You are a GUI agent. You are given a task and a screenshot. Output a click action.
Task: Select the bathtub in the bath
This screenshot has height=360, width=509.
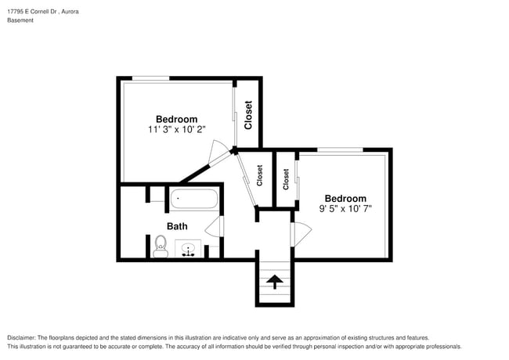coord(194,200)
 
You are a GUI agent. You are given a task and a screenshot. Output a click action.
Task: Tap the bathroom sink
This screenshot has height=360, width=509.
coord(188,250)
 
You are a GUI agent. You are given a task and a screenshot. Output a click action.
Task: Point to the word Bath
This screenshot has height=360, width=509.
coord(178,226)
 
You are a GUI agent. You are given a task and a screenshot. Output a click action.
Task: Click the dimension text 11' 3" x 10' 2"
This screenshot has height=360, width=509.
coord(176,129)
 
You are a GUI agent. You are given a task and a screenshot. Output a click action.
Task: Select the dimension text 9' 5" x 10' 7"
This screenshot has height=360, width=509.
coord(345,209)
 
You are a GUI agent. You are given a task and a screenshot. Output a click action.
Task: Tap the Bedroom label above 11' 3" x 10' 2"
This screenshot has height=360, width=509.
coord(176,119)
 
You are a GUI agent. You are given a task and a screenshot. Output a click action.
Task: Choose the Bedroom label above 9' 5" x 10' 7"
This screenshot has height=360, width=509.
coord(345,199)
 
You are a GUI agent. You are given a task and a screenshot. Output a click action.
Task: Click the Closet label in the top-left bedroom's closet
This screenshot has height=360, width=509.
coord(248,115)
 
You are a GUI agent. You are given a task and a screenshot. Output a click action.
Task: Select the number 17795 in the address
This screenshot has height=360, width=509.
coord(16,12)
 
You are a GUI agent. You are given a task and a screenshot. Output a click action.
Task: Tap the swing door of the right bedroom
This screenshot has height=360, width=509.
coord(301,232)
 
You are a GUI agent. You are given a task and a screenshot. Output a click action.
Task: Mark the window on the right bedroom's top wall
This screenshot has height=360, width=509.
coord(340,149)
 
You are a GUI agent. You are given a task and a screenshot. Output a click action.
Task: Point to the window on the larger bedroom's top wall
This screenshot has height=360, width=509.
coord(150,78)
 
